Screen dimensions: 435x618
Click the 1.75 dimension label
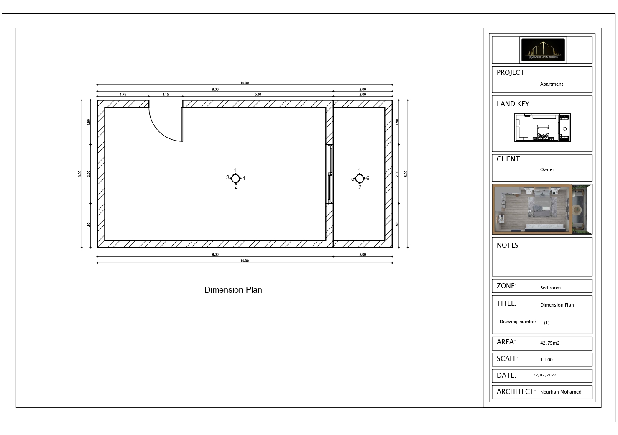pyautogui.click(x=123, y=95)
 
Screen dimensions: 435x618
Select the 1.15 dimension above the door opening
pyautogui.click(x=166, y=95)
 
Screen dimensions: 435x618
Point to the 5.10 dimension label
pyautogui.click(x=258, y=95)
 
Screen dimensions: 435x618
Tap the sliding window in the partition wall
pyautogui.click(x=330, y=174)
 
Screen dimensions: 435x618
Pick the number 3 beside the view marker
pyautogui.click(x=228, y=178)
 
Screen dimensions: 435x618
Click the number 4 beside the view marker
pyautogui.click(x=244, y=179)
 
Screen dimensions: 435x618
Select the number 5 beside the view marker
pyautogui.click(x=353, y=179)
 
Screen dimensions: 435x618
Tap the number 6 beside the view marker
pyautogui.click(x=368, y=179)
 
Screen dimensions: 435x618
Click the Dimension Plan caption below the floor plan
pyautogui.click(x=233, y=290)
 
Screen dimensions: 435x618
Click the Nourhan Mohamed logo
pyautogui.click(x=543, y=50)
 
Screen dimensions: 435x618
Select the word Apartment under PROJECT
pyautogui.click(x=552, y=84)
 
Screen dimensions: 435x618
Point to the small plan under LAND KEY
pyautogui.click(x=542, y=128)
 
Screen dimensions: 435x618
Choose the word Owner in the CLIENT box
pyautogui.click(x=547, y=169)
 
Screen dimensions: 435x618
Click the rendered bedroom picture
pyautogui.click(x=542, y=209)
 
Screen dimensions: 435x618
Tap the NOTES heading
pyautogui.click(x=507, y=246)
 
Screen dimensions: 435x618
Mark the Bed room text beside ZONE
pyautogui.click(x=550, y=288)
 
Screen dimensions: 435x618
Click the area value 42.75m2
pyautogui.click(x=550, y=343)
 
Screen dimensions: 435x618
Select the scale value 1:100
pyautogui.click(x=546, y=360)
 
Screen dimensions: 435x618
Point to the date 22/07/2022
pyautogui.click(x=545, y=375)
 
